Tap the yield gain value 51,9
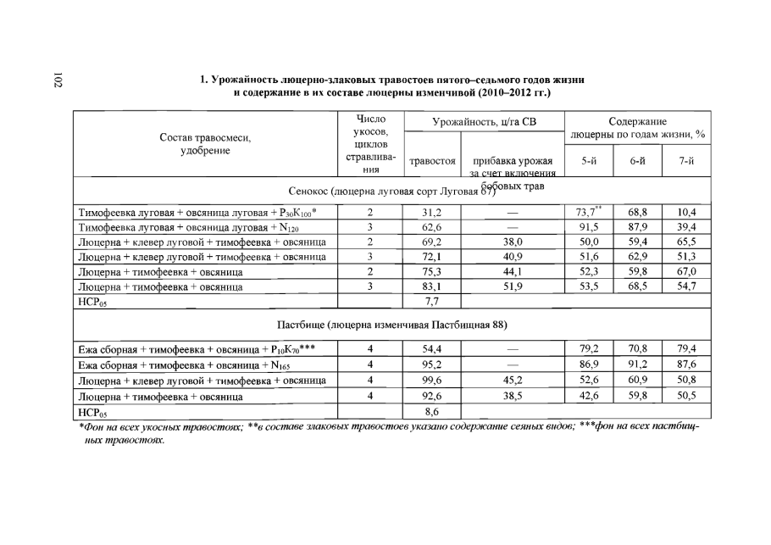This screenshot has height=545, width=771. click(512, 286)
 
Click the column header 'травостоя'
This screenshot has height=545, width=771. click(433, 160)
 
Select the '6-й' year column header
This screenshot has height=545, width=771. click(638, 160)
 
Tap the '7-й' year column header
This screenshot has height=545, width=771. click(686, 160)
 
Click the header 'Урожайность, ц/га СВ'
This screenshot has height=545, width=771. click(484, 123)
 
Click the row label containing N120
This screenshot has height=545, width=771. click(191, 227)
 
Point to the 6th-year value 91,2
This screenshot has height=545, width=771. click(638, 365)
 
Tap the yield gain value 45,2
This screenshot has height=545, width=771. click(512, 381)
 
